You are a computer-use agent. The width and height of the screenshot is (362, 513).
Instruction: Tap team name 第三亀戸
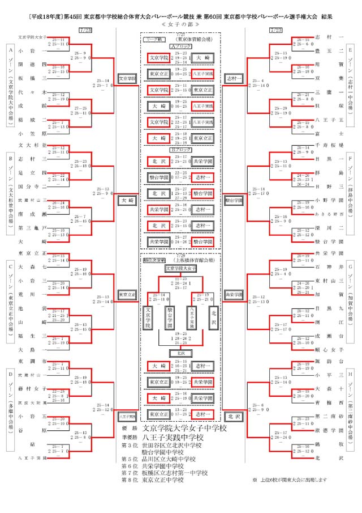(28, 228)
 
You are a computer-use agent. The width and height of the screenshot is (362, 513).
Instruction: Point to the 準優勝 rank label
(130, 438)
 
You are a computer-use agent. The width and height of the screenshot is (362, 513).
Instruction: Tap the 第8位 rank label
(130, 480)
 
